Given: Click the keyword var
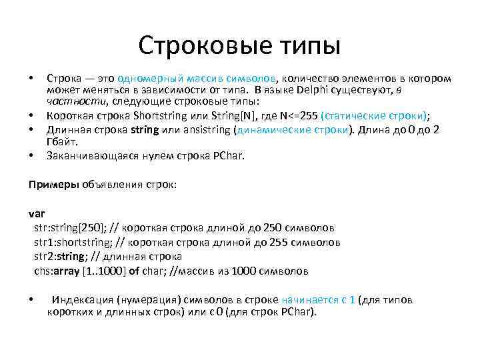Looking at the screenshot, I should point(36,214).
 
